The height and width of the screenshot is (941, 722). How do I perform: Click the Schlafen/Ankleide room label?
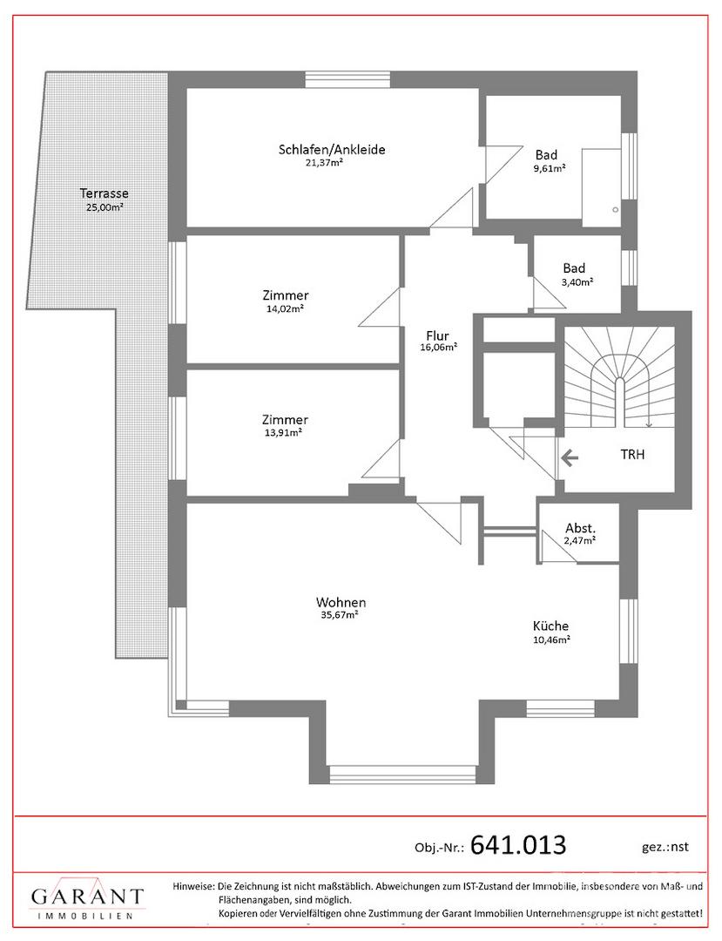click(x=332, y=150)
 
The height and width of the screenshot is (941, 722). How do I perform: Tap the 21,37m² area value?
click(x=324, y=163)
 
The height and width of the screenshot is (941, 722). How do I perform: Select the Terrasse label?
click(x=105, y=193)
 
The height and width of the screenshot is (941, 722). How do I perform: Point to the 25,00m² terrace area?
click(x=105, y=207)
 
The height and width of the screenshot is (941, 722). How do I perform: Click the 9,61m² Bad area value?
click(x=550, y=169)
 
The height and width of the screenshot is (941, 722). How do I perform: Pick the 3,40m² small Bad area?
click(x=577, y=281)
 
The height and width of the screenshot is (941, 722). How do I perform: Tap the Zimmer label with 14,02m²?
click(x=286, y=295)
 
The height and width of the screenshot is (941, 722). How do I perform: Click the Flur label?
click(x=437, y=336)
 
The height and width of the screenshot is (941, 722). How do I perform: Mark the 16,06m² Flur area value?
click(x=439, y=348)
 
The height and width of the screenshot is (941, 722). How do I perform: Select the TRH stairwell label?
click(x=632, y=454)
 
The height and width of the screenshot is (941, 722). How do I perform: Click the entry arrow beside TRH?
click(x=570, y=459)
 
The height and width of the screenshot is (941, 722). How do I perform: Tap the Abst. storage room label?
click(x=581, y=529)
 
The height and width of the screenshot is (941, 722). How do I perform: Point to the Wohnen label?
click(x=341, y=603)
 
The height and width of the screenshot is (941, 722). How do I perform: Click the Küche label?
click(x=550, y=626)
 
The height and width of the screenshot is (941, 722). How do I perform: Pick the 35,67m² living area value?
click(x=340, y=615)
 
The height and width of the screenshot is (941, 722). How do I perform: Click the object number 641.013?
click(x=518, y=845)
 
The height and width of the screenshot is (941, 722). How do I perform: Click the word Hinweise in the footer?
click(x=193, y=886)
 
